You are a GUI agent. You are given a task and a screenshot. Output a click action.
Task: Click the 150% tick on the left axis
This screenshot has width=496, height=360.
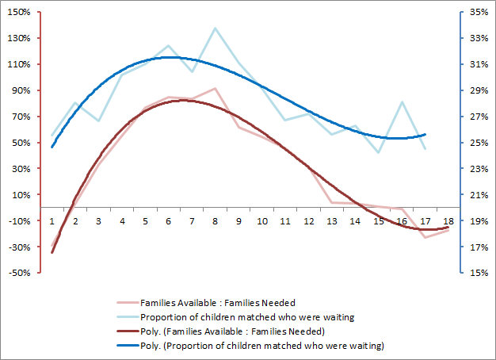(x=21, y=12)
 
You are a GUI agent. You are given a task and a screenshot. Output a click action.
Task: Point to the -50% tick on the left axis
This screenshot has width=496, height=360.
(x=21, y=273)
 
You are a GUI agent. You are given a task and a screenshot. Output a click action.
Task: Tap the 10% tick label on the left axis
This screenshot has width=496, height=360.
(x=22, y=195)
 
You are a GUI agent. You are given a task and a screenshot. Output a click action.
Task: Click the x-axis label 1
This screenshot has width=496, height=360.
(x=52, y=221)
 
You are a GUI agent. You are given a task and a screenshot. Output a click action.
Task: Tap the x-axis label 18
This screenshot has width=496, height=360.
(x=449, y=221)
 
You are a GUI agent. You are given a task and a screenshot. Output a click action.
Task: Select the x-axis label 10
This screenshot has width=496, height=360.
(x=262, y=221)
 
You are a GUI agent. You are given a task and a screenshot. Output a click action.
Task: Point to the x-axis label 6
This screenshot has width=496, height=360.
(x=169, y=221)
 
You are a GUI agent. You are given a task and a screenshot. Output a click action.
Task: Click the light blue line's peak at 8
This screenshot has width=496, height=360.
(x=216, y=29)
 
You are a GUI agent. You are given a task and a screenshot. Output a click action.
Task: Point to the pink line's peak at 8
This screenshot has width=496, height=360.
(x=216, y=88)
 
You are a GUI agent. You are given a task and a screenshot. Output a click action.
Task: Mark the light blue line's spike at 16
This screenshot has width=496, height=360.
(x=403, y=102)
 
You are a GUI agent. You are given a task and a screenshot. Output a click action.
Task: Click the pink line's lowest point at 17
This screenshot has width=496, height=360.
(x=425, y=237)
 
